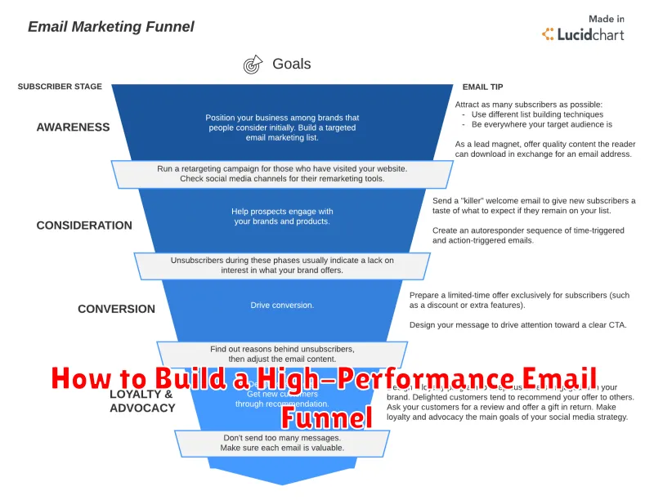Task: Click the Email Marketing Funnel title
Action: pyautogui.click(x=111, y=26)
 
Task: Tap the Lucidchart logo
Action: pyautogui.click(x=583, y=34)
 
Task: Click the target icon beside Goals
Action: pyautogui.click(x=253, y=65)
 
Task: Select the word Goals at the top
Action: pyautogui.click(x=291, y=64)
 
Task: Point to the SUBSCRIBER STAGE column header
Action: pyautogui.click(x=60, y=86)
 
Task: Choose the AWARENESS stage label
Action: pyautogui.click(x=73, y=127)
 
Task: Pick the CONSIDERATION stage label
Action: pyautogui.click(x=84, y=225)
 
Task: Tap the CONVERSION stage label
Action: pyautogui.click(x=116, y=309)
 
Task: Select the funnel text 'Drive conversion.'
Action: pyautogui.click(x=282, y=306)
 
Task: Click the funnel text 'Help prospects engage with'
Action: pyautogui.click(x=282, y=212)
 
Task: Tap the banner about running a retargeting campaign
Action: pyautogui.click(x=282, y=174)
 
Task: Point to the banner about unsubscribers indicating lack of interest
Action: pyautogui.click(x=282, y=265)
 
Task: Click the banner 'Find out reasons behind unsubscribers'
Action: pyautogui.click(x=282, y=354)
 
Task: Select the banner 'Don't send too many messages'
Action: pyautogui.click(x=282, y=442)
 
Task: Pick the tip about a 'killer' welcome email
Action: pyautogui.click(x=534, y=205)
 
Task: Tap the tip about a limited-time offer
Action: pyautogui.click(x=519, y=300)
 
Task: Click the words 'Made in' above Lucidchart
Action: pyautogui.click(x=607, y=19)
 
